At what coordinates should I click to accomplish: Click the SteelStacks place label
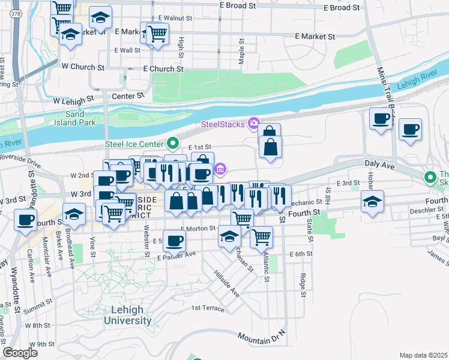point(222,124)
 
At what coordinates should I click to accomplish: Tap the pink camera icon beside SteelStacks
point(253,124)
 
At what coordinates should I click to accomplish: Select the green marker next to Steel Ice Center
point(173,143)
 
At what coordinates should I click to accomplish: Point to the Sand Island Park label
point(80,118)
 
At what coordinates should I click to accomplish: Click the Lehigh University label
point(127,315)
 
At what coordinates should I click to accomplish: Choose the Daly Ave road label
point(378,163)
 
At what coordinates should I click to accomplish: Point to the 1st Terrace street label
point(208,308)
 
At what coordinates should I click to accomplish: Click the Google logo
point(20,352)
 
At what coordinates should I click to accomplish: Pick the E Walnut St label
point(173,18)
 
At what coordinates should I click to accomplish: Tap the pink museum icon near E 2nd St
point(220,169)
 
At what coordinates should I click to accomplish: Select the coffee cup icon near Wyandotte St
point(25,220)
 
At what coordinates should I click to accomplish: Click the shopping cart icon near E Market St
point(157,32)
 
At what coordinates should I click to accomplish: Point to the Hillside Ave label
point(227,283)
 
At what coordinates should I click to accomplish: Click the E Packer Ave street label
point(176,255)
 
